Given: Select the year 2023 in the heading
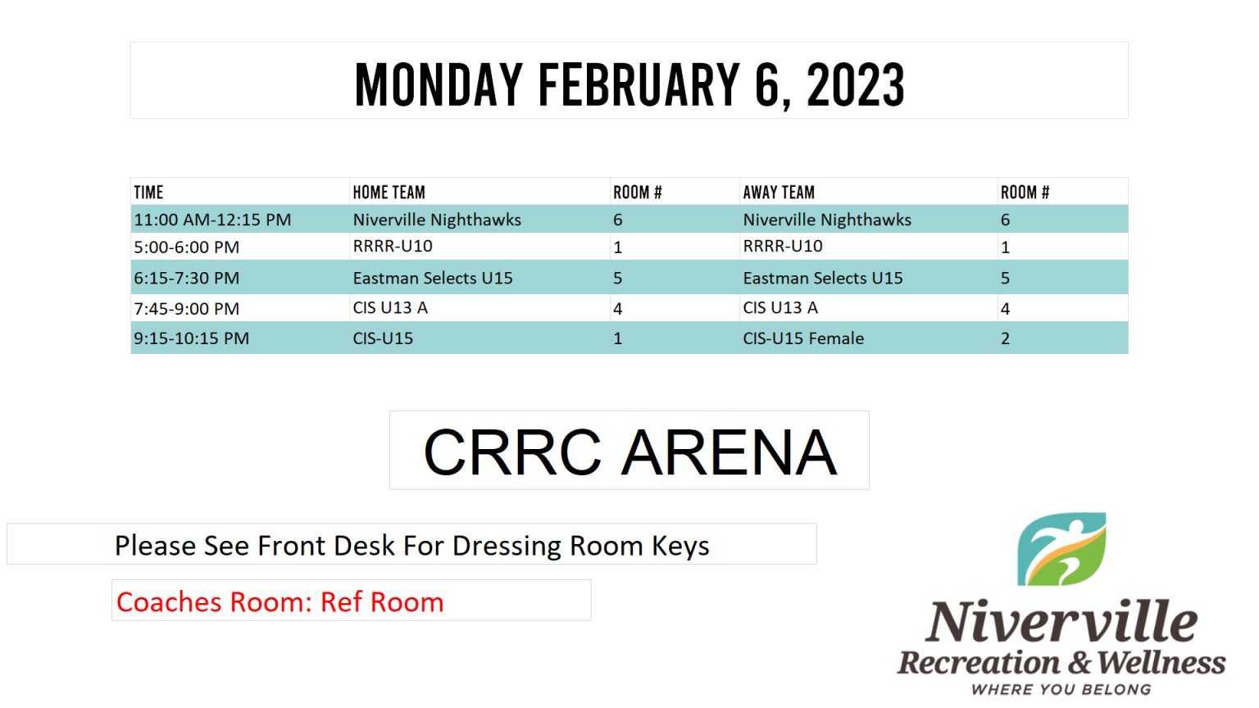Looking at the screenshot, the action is point(856,85).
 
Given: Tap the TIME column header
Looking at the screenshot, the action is point(148,193).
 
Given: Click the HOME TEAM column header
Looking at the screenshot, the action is point(389,193).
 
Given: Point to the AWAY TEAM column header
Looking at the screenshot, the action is point(779,193).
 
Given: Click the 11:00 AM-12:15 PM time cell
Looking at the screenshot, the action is point(212,220).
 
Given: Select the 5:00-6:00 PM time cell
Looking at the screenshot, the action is point(187,247).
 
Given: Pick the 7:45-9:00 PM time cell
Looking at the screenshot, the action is point(187,308).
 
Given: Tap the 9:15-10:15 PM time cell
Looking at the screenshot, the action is point(191,338).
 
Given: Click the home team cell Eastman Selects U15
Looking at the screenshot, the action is point(433,278).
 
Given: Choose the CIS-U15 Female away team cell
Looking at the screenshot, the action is point(803,338).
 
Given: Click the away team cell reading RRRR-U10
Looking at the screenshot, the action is point(783,246).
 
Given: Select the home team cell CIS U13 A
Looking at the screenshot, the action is point(390,308).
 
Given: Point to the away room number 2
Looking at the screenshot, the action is point(1005,338).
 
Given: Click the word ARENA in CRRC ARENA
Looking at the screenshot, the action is point(729,452).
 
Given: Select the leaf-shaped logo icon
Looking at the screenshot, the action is point(1061,549).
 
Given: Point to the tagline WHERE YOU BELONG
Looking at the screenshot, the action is point(1061,689).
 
